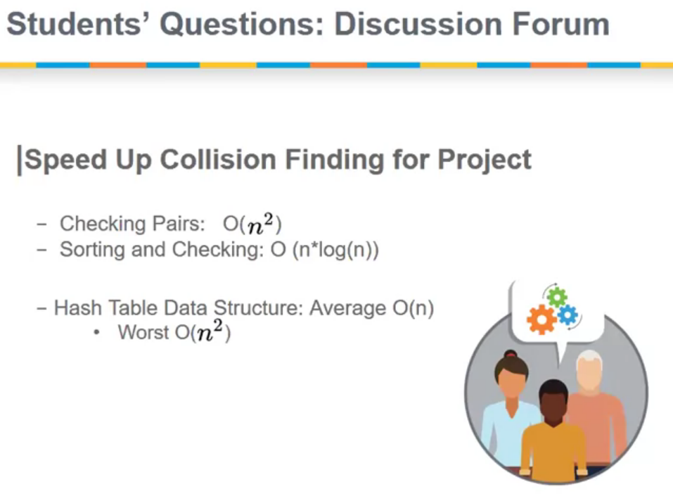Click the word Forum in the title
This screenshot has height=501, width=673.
(560, 24)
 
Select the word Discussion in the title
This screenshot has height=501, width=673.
(418, 24)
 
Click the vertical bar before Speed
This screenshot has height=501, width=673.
(19, 160)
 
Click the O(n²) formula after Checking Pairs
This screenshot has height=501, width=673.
(252, 224)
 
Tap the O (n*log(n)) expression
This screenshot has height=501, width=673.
(324, 250)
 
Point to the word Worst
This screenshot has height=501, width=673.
(143, 332)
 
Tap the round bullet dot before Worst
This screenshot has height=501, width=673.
(97, 333)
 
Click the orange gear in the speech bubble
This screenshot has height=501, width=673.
(541, 319)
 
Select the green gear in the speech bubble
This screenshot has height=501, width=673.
(557, 297)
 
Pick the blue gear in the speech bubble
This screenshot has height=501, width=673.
(568, 315)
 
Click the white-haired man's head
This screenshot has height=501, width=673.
(589, 369)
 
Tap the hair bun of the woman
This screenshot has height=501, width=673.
(511, 355)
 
